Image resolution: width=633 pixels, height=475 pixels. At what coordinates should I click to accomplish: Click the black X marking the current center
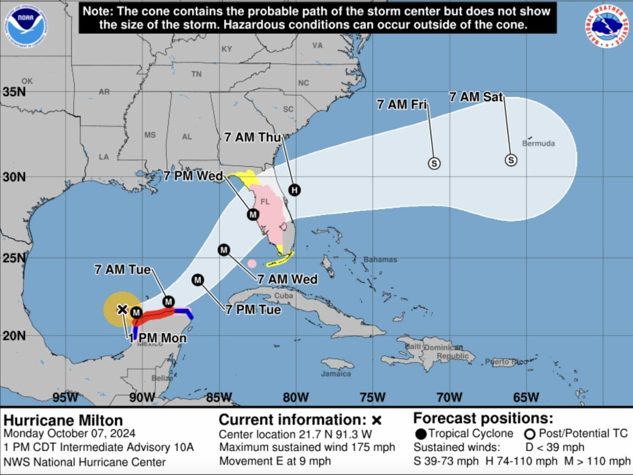click(x=122, y=309)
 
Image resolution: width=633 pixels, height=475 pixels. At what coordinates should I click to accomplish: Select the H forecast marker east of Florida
click(x=294, y=190)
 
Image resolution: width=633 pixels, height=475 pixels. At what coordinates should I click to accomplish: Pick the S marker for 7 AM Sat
click(x=511, y=160)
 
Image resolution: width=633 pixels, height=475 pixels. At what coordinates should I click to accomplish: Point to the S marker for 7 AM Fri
click(x=434, y=163)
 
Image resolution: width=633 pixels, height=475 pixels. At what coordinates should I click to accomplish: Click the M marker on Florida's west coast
click(x=253, y=214)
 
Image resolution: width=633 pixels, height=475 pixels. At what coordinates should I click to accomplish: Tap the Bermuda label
click(x=538, y=143)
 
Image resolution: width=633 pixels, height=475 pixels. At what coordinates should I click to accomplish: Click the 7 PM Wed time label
click(x=193, y=176)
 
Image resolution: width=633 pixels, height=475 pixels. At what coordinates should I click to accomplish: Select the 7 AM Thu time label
click(x=252, y=137)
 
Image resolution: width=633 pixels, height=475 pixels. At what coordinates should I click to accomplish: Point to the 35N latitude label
click(x=14, y=91)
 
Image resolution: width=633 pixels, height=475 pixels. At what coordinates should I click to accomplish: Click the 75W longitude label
click(x=373, y=397)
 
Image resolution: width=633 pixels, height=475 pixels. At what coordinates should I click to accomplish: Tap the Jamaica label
click(x=336, y=374)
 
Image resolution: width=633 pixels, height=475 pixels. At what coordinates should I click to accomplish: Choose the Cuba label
click(x=284, y=296)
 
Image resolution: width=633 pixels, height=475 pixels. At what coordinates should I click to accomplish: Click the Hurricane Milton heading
click(x=63, y=420)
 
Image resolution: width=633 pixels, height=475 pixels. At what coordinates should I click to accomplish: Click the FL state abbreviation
click(x=265, y=201)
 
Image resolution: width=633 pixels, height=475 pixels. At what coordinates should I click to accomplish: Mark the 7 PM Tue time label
click(x=253, y=310)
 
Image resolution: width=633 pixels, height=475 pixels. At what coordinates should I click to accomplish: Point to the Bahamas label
click(x=380, y=259)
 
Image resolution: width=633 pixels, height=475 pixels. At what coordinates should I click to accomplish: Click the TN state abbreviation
click(x=196, y=74)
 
